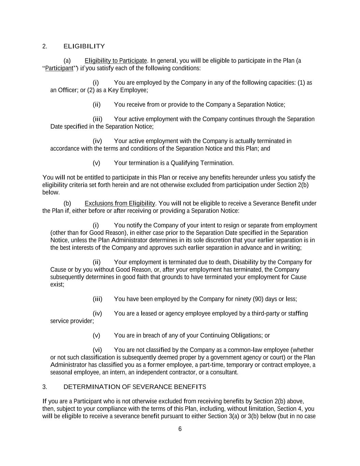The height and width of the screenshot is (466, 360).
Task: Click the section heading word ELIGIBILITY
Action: tap(84, 46)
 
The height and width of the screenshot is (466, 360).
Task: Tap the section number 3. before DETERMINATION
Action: tap(44, 387)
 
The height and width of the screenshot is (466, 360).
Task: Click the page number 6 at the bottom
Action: tap(180, 429)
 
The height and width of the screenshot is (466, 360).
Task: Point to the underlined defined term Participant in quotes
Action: tap(59, 68)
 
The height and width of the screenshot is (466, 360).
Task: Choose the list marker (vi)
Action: tap(97, 350)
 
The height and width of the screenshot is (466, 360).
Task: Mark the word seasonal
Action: tap(61, 372)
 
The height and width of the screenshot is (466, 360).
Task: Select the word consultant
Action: tap(224, 372)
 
